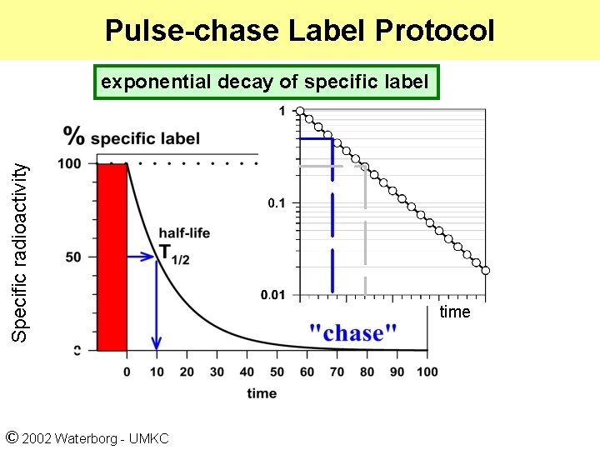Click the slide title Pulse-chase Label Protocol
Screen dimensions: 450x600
299,31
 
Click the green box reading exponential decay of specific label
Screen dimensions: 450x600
265,82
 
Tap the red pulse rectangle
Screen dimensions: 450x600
112,257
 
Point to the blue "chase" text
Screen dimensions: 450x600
352,333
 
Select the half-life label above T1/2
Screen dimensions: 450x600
184,233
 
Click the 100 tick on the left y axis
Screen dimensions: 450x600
71,164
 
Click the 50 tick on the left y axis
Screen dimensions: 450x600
73,257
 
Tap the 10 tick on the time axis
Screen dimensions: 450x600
157,372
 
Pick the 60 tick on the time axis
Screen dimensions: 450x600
307,372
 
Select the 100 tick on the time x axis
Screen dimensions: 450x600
427,372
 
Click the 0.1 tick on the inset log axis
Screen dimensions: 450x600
276,203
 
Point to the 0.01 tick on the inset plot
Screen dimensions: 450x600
272,295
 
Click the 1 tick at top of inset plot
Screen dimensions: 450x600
282,111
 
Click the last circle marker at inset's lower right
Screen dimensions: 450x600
486,270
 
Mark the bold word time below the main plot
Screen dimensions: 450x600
262,393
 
